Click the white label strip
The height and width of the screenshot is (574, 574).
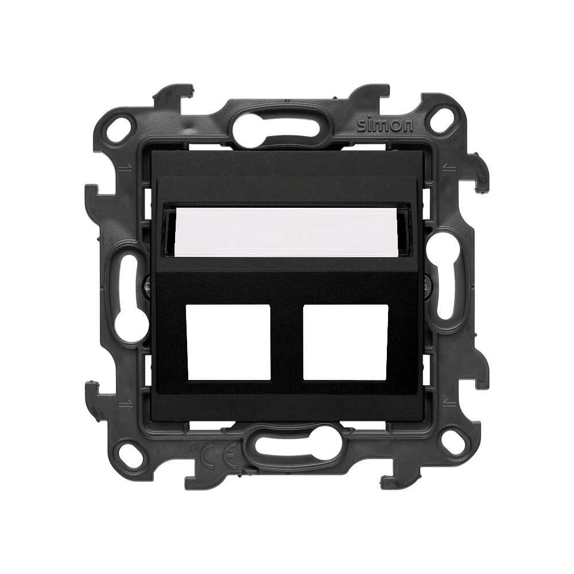pyautogui.click(x=286, y=232)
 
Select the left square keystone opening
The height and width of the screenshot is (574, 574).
pyautogui.click(x=228, y=342)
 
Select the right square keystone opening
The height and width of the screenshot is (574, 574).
pyautogui.click(x=346, y=342)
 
